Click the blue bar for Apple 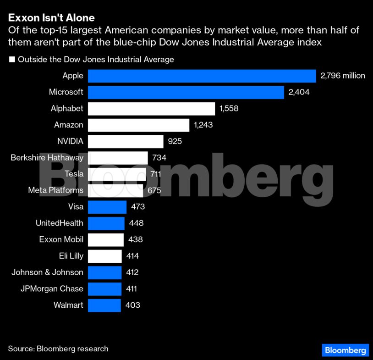point(202,76)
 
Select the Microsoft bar point(186,92)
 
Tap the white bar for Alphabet point(151,109)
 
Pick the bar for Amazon point(138,125)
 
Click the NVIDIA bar point(126,141)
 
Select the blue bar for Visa point(107,207)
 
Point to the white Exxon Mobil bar point(105,239)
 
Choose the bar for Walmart point(104,305)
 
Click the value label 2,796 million point(343,76)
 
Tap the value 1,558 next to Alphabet point(229,109)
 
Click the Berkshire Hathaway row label point(47,158)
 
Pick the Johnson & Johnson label point(47,272)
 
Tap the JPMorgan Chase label point(52,288)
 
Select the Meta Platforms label point(55,190)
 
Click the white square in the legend point(12,60)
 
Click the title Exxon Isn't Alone point(51,18)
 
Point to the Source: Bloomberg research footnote point(58,349)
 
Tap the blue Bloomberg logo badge point(345,350)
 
